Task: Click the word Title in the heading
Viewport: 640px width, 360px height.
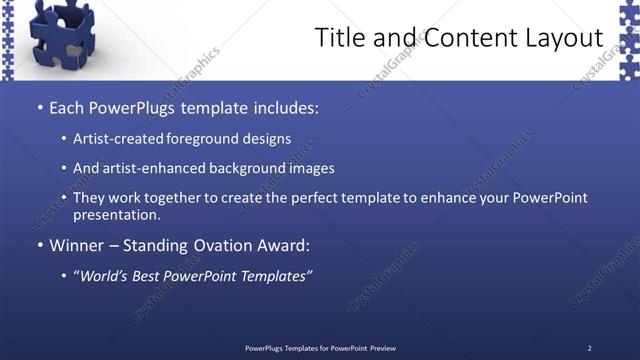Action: coord(338,38)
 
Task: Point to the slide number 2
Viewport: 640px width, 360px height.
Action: coord(589,348)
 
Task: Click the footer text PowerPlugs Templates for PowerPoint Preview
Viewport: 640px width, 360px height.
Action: coord(320,348)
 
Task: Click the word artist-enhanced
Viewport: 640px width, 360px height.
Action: coord(146,169)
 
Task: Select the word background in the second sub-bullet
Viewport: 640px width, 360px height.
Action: coord(239,169)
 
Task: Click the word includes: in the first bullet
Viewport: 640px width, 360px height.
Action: coord(283,107)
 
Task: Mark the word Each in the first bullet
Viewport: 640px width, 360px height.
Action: coord(66,107)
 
